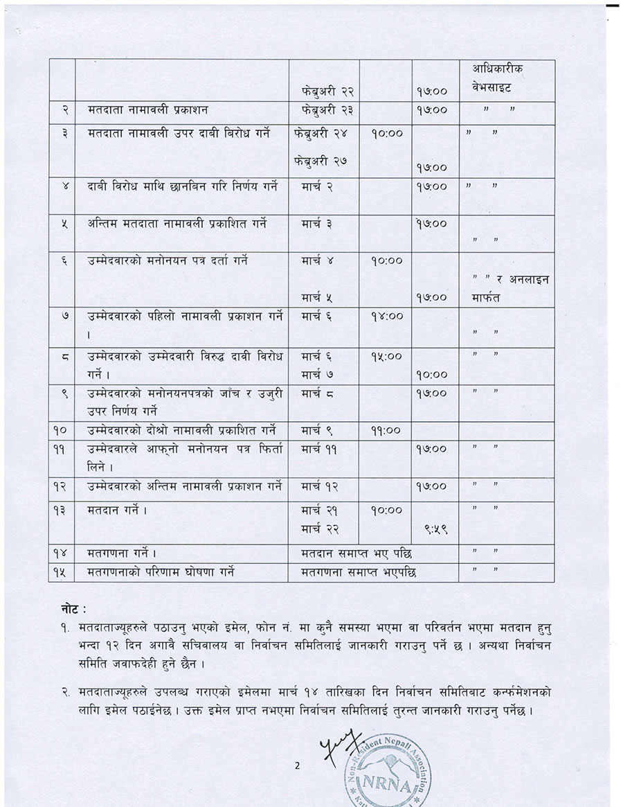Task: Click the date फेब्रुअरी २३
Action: [x=323, y=109]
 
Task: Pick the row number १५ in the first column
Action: [x=60, y=572]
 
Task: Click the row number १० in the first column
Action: [x=60, y=430]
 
